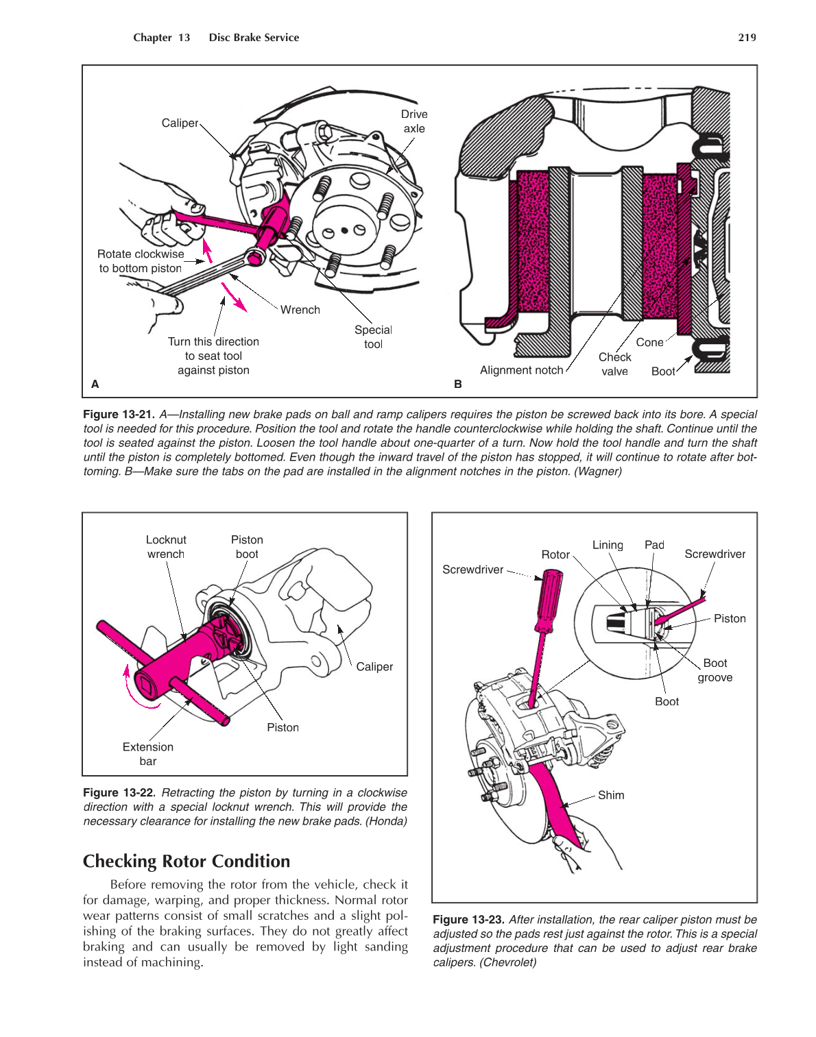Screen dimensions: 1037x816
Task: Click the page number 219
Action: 747,38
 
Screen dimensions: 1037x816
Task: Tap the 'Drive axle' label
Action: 414,121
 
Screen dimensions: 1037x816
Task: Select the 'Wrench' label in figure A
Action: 300,310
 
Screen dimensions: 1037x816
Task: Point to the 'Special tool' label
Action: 373,337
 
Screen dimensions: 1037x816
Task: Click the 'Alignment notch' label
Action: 521,370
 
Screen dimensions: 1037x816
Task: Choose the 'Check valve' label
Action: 614,364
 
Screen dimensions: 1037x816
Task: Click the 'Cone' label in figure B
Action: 649,342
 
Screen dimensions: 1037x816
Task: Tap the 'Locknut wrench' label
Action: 166,547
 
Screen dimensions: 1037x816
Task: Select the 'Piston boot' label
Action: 247,547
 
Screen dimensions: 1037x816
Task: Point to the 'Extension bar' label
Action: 148,754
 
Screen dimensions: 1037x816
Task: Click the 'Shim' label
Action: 611,795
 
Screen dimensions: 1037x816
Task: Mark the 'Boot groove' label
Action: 715,670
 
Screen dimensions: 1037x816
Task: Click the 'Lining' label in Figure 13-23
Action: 608,545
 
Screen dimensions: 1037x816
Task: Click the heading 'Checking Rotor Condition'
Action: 187,861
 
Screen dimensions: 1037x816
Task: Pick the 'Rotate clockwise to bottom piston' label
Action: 141,261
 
